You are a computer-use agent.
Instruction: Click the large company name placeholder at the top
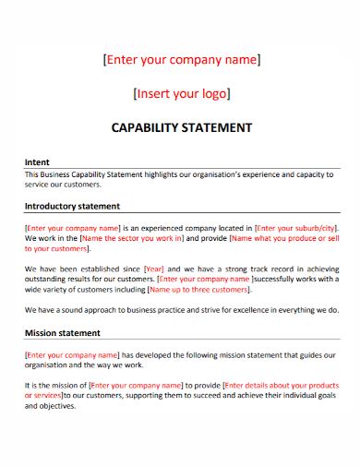[x=181, y=61]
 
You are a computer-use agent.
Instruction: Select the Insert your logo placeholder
[x=181, y=93]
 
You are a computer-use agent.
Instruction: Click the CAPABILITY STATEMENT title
[x=181, y=126]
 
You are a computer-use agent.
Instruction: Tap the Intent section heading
[x=37, y=161]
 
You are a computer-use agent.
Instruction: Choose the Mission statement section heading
[x=63, y=332]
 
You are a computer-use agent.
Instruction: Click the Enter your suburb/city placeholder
[x=296, y=227]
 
